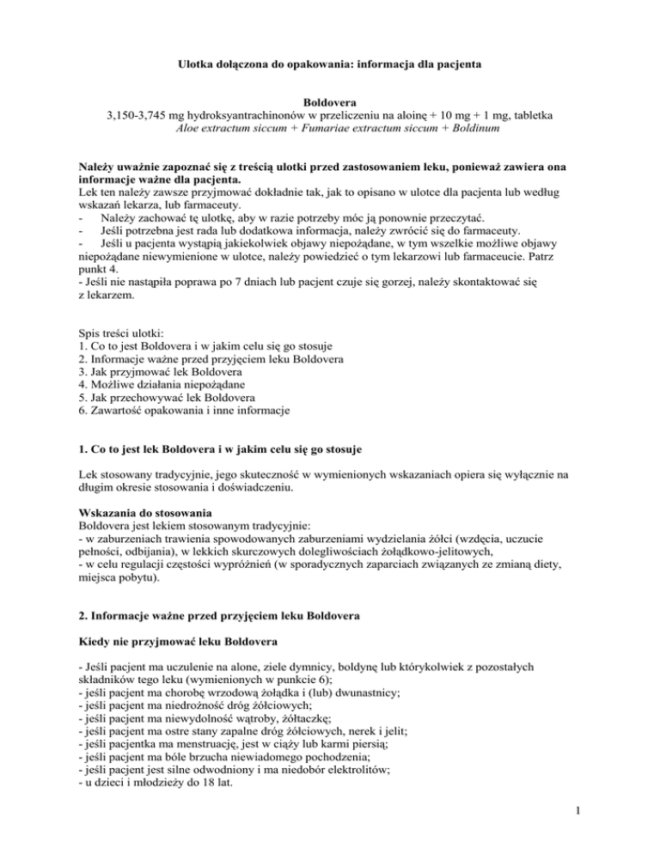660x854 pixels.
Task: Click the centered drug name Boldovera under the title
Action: [x=330, y=101]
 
